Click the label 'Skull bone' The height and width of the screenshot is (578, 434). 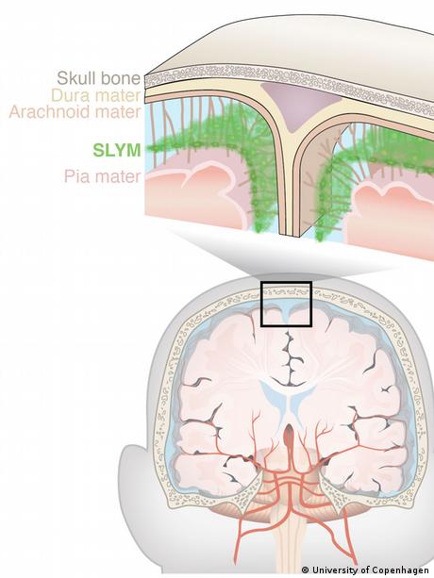[99, 78]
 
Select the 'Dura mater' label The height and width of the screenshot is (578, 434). [96, 95]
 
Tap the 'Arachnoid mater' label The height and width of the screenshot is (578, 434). [75, 111]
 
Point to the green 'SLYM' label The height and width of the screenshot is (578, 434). [117, 151]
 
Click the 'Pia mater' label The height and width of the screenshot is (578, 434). [103, 176]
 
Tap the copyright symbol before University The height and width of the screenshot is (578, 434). [306, 570]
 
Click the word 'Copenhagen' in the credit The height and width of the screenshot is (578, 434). [405, 570]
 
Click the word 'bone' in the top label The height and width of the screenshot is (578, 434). [124, 78]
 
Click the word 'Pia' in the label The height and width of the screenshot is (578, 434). [75, 176]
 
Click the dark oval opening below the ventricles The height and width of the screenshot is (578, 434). [289, 435]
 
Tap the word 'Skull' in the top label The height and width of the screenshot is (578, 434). [79, 78]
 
